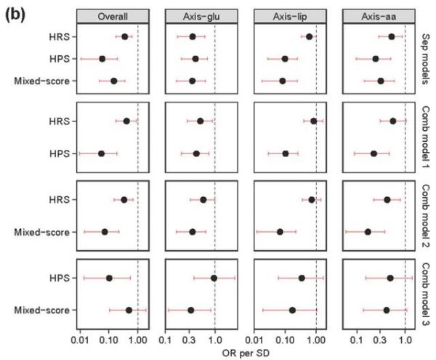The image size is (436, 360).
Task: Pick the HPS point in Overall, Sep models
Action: coord(102,59)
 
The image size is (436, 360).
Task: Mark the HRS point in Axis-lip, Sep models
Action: coord(309,36)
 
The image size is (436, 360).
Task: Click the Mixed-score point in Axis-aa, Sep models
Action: coord(381,81)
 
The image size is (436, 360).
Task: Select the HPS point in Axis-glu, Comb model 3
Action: coord(214,278)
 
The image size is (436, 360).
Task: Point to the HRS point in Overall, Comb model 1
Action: coord(126,121)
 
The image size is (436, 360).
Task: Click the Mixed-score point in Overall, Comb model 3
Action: coord(129,310)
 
